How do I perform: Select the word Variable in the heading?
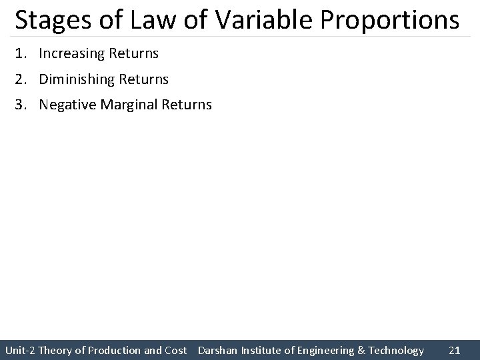click(x=256, y=20)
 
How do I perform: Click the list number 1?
click(x=20, y=52)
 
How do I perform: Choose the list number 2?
click(x=20, y=79)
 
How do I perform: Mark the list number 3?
click(x=20, y=105)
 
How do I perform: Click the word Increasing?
click(x=70, y=53)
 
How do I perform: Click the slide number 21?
click(x=455, y=350)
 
